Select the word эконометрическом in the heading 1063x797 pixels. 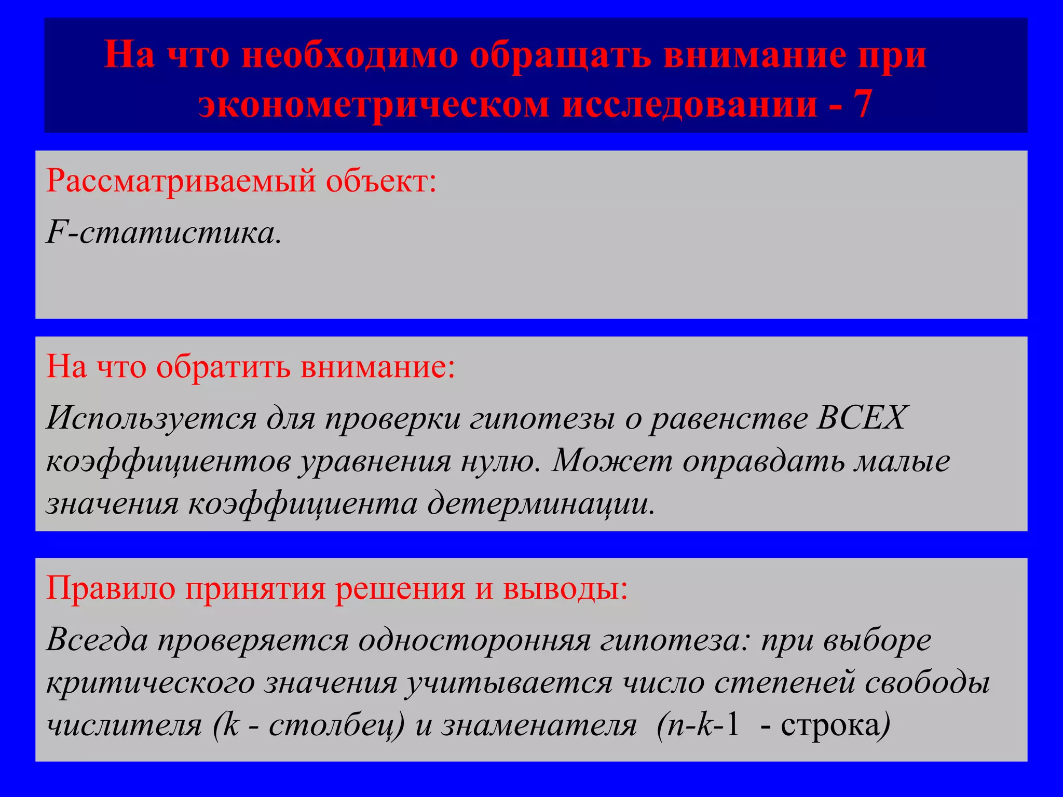point(374,104)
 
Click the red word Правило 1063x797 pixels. point(111,588)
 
